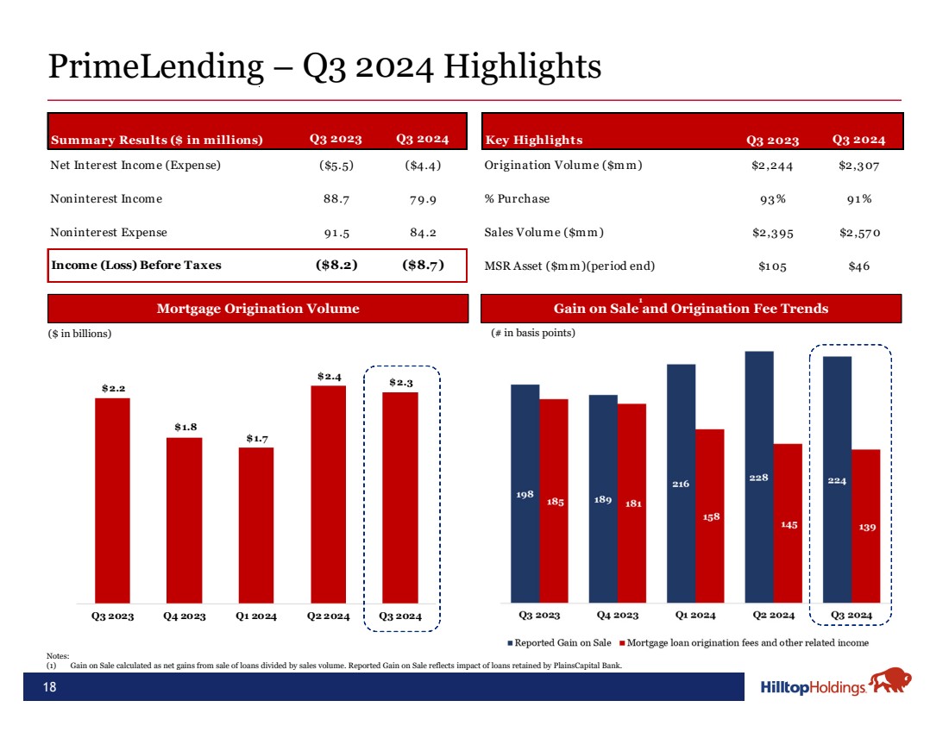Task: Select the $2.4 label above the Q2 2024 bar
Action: pos(329,376)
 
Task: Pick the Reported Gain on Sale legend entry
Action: pos(560,643)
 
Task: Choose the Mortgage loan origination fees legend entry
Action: pos(746,643)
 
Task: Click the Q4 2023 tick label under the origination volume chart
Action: pos(185,616)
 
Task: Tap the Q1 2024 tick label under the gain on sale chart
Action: pos(694,615)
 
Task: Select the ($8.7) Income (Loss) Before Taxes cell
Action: pos(424,266)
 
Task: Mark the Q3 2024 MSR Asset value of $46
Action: pos(858,266)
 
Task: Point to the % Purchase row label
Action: pos(517,199)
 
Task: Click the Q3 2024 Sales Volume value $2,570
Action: pos(858,233)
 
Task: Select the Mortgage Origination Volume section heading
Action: pos(258,309)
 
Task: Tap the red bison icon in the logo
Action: pos(890,683)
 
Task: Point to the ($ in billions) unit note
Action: pos(80,333)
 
